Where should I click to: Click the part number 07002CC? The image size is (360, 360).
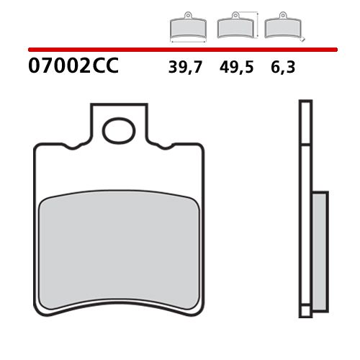(x=73, y=68)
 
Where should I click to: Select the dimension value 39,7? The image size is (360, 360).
(x=186, y=68)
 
